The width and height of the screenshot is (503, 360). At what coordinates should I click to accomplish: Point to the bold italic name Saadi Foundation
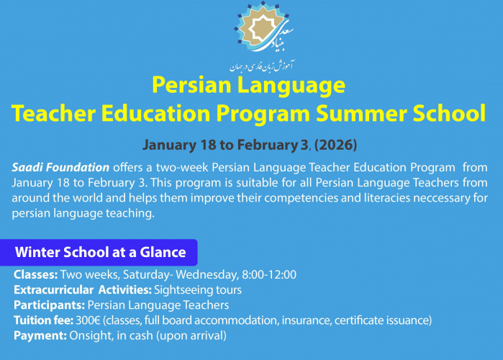(61, 166)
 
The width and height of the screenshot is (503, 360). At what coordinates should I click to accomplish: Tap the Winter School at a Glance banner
(100, 253)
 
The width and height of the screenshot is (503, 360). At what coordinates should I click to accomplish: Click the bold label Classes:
(35, 274)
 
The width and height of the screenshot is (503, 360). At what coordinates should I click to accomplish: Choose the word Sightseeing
(183, 289)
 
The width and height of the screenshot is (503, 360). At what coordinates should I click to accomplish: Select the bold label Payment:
(40, 335)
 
